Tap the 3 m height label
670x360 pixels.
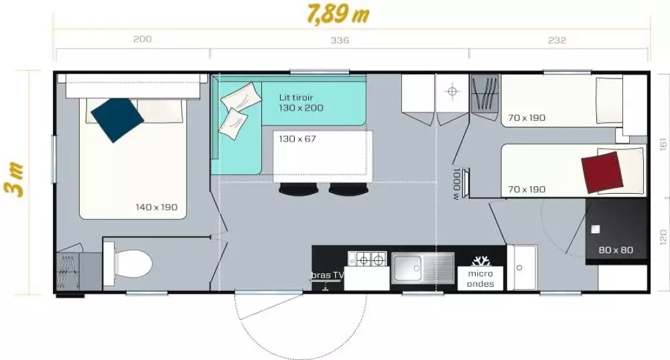[x=18, y=179]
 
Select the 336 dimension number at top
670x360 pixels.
[x=340, y=40]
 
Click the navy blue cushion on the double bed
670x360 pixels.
[x=117, y=119]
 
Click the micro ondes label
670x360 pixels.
[x=480, y=278]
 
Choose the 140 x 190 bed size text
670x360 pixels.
[x=156, y=207]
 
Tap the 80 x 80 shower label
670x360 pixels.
[x=615, y=251]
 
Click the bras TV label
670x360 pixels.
[x=328, y=275]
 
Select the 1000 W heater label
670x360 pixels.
[x=456, y=184]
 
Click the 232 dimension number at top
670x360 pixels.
[x=557, y=40]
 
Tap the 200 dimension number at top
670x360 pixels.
[x=142, y=40]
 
